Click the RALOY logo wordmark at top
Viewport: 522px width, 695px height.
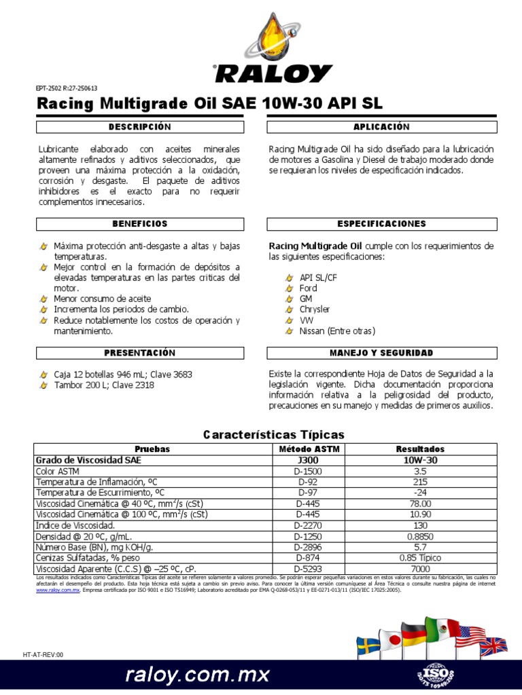pos(272,74)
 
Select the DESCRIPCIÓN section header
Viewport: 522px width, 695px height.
pos(139,127)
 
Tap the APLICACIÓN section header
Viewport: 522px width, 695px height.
pos(381,127)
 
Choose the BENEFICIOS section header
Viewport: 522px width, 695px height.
pos(139,223)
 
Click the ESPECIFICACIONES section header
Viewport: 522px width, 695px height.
pos(381,223)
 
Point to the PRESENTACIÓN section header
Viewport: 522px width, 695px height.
pos(139,353)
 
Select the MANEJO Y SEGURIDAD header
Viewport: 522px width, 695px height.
pos(381,353)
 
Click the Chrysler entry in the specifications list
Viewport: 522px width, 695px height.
pos(315,309)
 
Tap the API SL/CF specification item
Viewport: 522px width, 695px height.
pos(319,278)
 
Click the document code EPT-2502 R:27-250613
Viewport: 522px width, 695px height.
pos(66,88)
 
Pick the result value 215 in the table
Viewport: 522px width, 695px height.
pos(419,481)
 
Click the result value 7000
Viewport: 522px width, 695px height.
pos(419,568)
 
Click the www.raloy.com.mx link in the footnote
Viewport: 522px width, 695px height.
pos(58,590)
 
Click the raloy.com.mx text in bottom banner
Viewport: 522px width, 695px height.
pos(197,675)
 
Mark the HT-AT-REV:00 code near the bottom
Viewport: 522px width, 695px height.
pos(43,655)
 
